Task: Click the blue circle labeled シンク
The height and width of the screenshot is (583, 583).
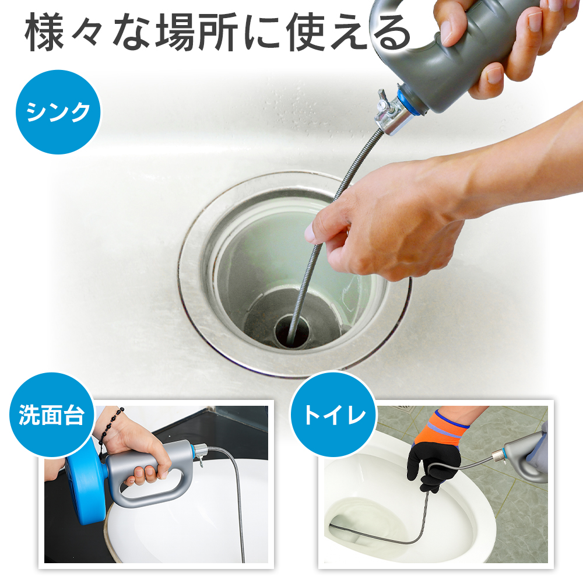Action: pyautogui.click(x=58, y=112)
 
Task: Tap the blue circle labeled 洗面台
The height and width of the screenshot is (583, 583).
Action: pyautogui.click(x=52, y=415)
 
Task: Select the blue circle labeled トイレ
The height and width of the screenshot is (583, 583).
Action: pyautogui.click(x=333, y=415)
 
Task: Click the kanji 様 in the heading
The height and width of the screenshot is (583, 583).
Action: pyautogui.click(x=44, y=32)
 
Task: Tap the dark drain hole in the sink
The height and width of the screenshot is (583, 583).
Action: pyautogui.click(x=292, y=331)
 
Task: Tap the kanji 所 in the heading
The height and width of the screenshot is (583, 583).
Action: pyautogui.click(x=218, y=32)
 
